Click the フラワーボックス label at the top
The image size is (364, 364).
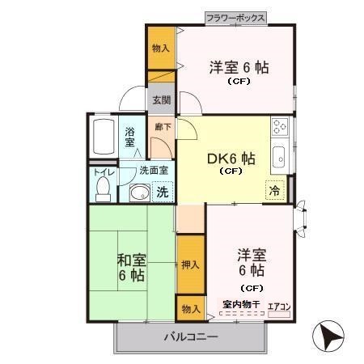click(235, 19)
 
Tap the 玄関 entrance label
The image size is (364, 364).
click(162, 99)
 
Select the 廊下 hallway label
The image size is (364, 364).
click(163, 127)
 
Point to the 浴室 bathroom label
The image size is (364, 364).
click(129, 137)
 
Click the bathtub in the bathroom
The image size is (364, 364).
click(104, 137)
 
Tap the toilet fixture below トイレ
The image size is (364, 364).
click(103, 188)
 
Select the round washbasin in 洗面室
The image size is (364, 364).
click(140, 193)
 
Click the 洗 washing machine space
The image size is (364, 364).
click(163, 192)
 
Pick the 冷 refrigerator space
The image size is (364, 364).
click(275, 190)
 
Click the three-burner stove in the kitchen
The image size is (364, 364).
click(280, 126)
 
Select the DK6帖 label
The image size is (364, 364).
click(231, 159)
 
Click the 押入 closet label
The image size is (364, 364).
click(190, 265)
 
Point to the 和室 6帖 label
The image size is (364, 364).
click(132, 268)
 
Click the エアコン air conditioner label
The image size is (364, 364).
click(279, 307)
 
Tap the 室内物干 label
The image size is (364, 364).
click(241, 305)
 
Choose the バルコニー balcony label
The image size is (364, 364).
click(191, 336)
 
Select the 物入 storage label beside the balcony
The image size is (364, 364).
click(191, 309)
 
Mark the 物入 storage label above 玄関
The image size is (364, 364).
click(161, 49)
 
